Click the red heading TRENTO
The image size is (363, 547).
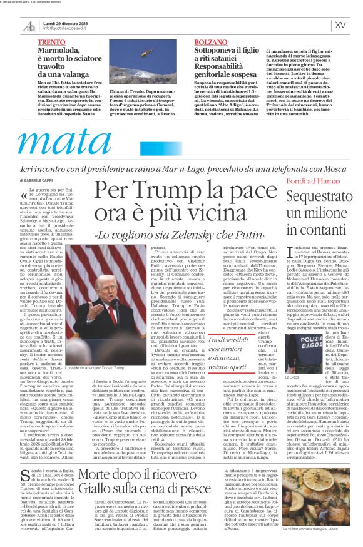50,42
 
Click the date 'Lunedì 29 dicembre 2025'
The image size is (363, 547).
64,22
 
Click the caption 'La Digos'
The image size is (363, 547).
293,377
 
